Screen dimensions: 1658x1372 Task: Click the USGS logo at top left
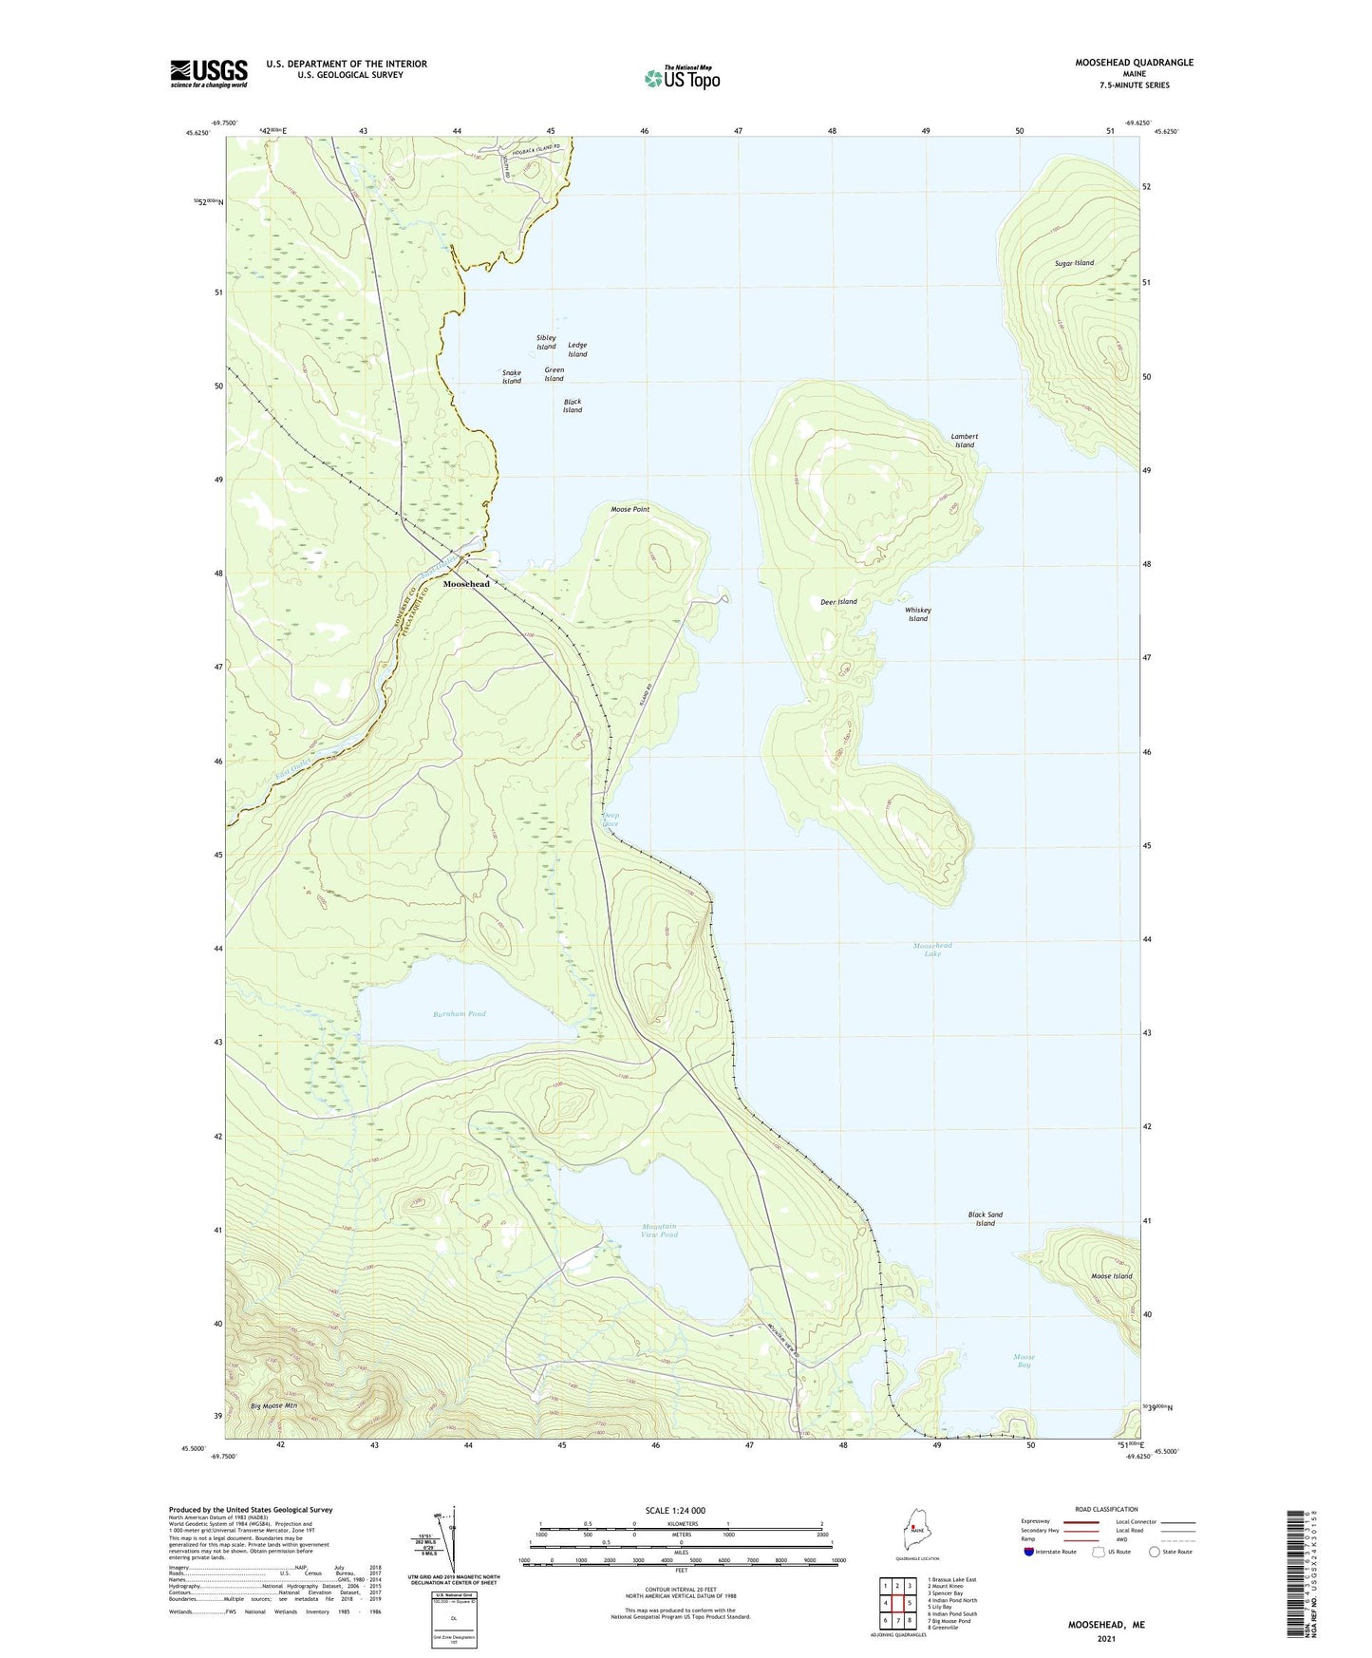[208, 73]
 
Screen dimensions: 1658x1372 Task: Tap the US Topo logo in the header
[681, 78]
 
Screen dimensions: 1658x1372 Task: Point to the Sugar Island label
[1074, 263]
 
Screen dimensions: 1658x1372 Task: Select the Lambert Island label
[964, 441]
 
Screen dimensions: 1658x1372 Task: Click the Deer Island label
[838, 602]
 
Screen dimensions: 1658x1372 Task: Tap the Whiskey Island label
[917, 614]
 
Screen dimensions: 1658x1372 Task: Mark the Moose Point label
[630, 510]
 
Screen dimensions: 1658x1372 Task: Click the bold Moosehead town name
[466, 584]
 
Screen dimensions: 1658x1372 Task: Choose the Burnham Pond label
[460, 1014]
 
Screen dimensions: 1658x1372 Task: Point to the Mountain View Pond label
[659, 1231]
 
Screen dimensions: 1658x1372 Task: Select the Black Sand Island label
[985, 1218]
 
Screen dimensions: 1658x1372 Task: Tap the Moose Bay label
[1024, 1361]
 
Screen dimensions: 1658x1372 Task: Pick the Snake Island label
[512, 377]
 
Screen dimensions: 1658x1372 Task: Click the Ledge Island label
[577, 349]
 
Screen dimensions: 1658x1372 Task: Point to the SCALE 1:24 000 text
[675, 1511]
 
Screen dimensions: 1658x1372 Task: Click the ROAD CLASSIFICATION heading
[1106, 1509]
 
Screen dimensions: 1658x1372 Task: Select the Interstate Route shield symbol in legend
[1030, 1553]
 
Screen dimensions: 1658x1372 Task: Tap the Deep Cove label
[611, 820]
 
